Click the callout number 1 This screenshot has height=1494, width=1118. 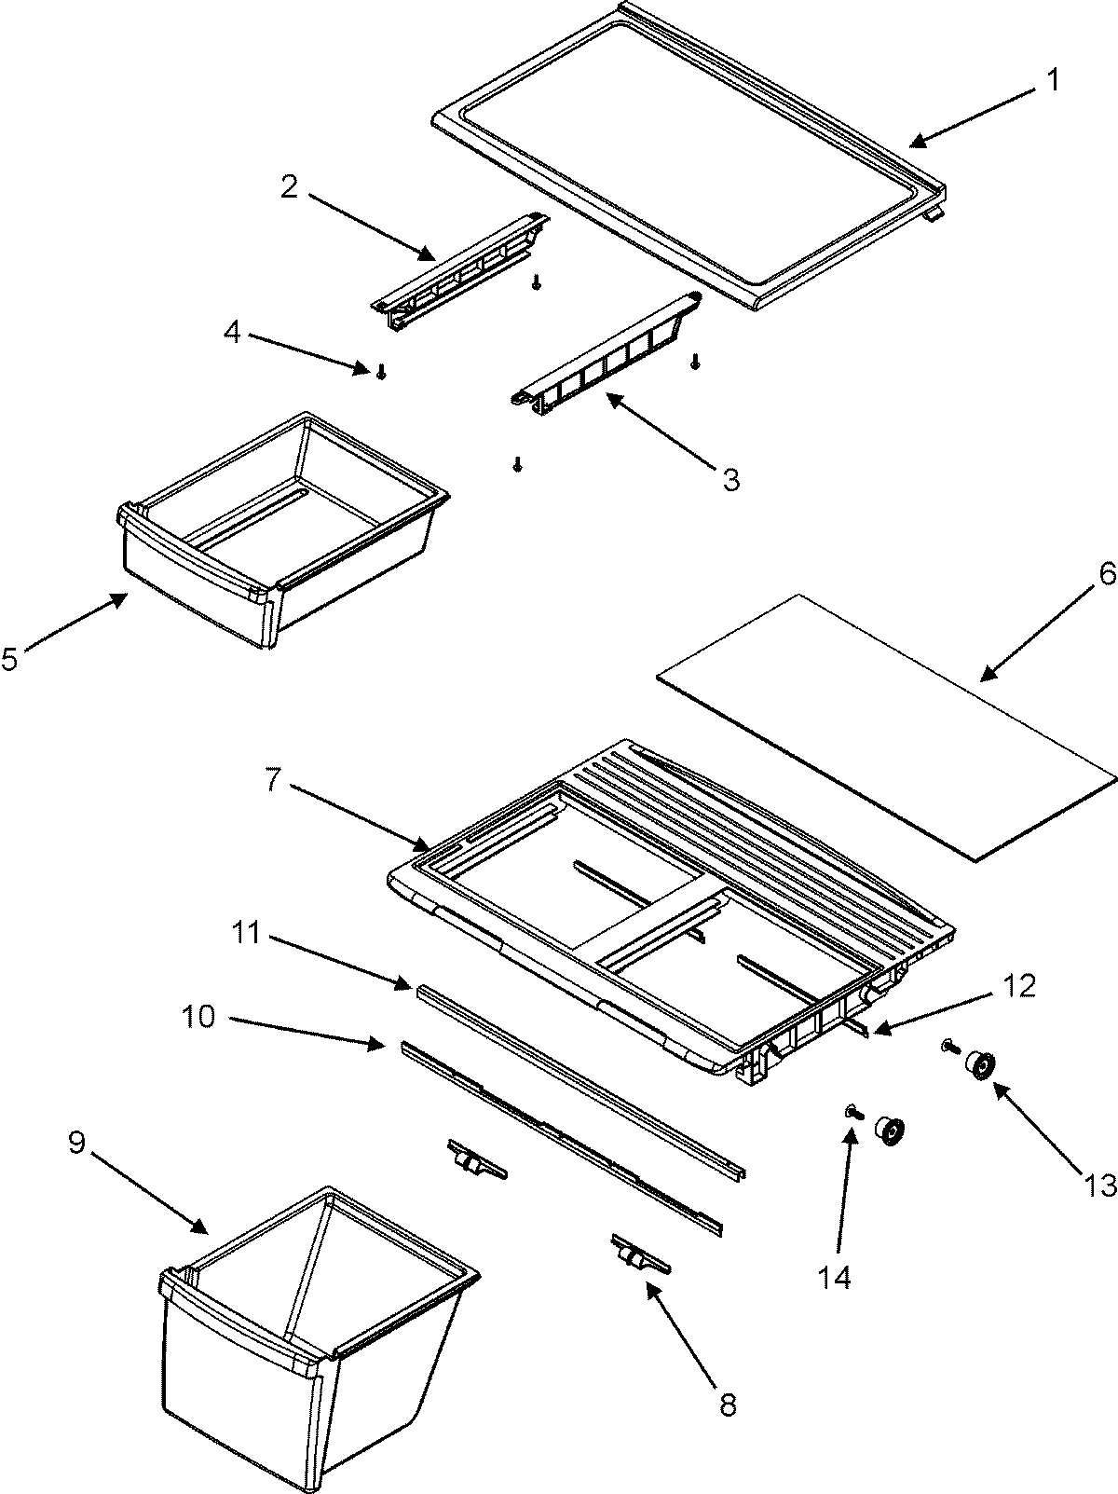pyautogui.click(x=1051, y=80)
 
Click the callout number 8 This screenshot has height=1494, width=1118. pyautogui.click(x=728, y=1404)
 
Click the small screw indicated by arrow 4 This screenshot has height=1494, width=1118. pyautogui.click(x=380, y=372)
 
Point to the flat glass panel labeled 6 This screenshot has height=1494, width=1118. pyautogui.click(x=885, y=755)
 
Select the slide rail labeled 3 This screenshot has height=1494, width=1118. pyautogui.click(x=606, y=350)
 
